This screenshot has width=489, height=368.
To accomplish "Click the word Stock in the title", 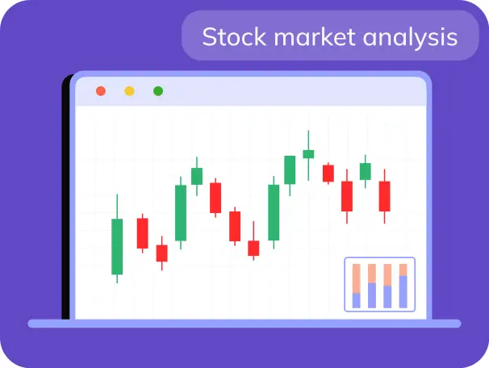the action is click(234, 37).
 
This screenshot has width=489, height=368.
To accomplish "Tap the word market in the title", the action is click(315, 37).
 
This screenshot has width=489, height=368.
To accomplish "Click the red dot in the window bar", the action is click(101, 91).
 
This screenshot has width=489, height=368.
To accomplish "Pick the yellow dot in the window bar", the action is click(129, 91).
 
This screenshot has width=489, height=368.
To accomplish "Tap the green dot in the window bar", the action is click(158, 91).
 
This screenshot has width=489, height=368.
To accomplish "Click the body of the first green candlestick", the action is click(117, 247).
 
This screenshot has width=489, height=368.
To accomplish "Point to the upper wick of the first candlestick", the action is click(117, 207).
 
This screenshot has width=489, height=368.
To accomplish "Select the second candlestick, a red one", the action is click(143, 233).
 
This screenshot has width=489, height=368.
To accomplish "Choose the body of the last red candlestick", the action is click(385, 196).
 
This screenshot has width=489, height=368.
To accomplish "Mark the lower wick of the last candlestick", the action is click(385, 217).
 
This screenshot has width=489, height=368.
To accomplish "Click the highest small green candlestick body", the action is click(308, 154).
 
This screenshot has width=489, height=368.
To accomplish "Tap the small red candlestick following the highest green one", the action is click(328, 174).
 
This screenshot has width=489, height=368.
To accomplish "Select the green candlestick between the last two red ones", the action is click(366, 171).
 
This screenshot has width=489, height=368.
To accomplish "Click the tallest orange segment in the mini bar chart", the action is click(357, 278).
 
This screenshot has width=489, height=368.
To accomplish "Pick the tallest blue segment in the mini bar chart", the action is click(403, 292).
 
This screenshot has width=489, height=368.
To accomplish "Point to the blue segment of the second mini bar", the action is click(372, 295).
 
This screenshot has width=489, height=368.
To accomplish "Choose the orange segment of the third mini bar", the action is click(387, 274).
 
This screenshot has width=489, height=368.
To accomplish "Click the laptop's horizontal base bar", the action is click(245, 324).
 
